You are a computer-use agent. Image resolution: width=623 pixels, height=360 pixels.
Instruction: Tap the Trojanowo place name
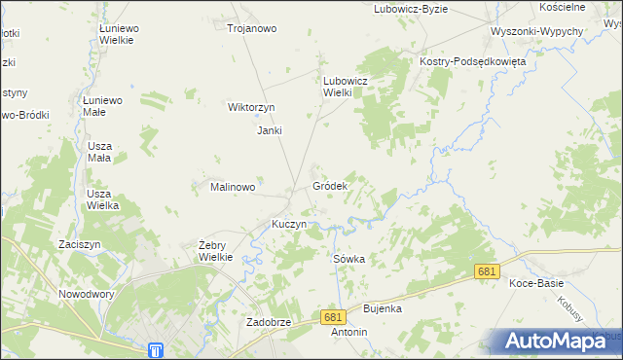point(252,28)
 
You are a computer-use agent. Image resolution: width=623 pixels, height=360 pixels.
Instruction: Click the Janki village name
point(269,130)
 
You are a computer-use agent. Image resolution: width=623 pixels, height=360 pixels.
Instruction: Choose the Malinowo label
point(233,187)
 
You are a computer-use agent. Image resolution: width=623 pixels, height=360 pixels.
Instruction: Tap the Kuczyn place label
point(289,224)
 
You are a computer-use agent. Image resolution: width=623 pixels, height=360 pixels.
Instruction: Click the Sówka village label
point(348,259)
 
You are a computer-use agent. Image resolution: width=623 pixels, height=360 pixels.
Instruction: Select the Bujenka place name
point(383,308)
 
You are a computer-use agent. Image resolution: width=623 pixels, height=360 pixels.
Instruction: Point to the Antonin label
point(349,332)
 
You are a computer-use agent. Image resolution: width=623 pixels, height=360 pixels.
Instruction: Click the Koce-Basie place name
point(536,283)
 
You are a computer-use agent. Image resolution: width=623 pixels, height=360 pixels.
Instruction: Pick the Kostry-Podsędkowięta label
point(472,60)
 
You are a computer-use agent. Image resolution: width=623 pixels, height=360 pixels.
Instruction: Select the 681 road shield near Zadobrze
point(334,317)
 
